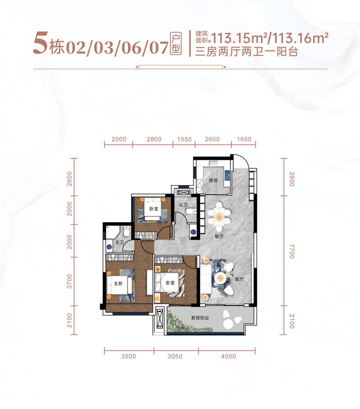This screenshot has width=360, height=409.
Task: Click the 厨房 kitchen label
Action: (x=213, y=180)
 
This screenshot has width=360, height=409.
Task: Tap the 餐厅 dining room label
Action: (x=219, y=236)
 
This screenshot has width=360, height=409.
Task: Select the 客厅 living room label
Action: (x=239, y=279)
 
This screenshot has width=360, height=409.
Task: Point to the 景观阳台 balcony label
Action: (x=200, y=318)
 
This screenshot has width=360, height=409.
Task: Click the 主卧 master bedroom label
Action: (x=118, y=283)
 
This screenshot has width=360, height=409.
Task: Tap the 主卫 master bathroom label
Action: (x=119, y=242)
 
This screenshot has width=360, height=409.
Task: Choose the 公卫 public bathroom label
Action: (x=183, y=205)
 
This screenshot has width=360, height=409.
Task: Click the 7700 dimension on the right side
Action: (x=292, y=251)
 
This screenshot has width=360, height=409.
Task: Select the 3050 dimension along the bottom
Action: (x=175, y=356)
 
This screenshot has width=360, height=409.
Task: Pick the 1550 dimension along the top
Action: (x=184, y=139)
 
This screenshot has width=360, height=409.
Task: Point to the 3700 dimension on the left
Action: (x=69, y=281)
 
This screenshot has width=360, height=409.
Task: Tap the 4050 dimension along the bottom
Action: (x=228, y=356)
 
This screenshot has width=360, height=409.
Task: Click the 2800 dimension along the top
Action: (x=154, y=139)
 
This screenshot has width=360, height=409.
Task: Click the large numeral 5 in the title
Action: (x=40, y=43)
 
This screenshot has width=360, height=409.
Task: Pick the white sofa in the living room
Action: (x=206, y=278)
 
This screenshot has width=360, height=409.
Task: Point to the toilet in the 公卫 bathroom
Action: (x=191, y=211)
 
